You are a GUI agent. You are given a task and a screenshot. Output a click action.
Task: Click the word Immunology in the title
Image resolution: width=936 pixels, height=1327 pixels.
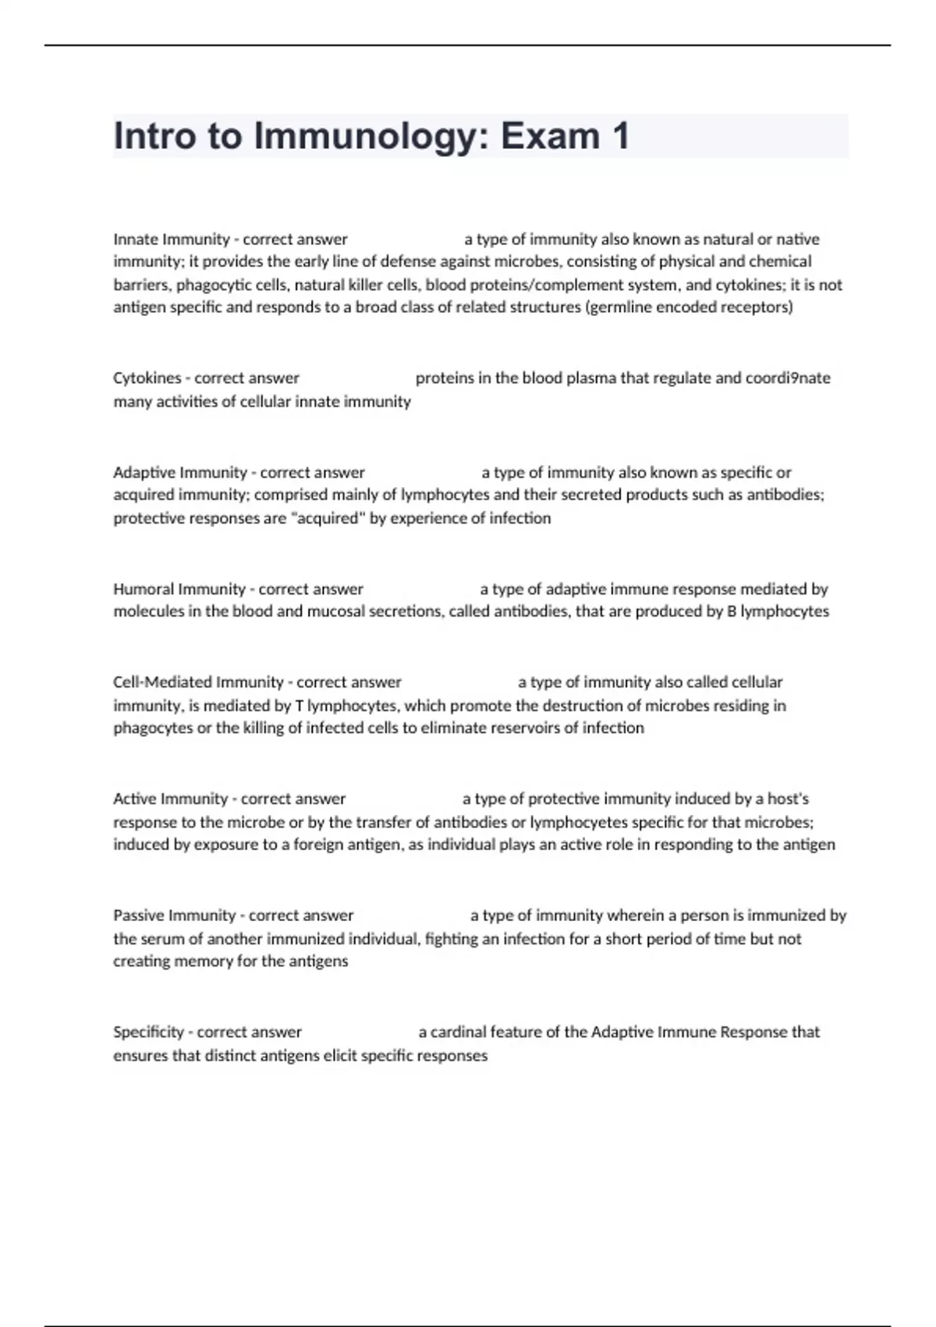tap(371, 137)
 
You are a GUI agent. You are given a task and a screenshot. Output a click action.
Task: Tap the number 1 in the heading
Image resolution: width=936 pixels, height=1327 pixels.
tap(621, 136)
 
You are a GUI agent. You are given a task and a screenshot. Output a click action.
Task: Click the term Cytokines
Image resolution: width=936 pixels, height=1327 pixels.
tap(147, 379)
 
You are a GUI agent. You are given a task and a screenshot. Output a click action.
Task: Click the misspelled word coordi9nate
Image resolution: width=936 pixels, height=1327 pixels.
tap(787, 379)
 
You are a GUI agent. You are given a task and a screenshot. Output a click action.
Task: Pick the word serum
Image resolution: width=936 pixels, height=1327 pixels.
tap(161, 939)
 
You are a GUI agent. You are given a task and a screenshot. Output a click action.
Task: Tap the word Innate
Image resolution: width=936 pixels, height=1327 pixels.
tap(135, 239)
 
